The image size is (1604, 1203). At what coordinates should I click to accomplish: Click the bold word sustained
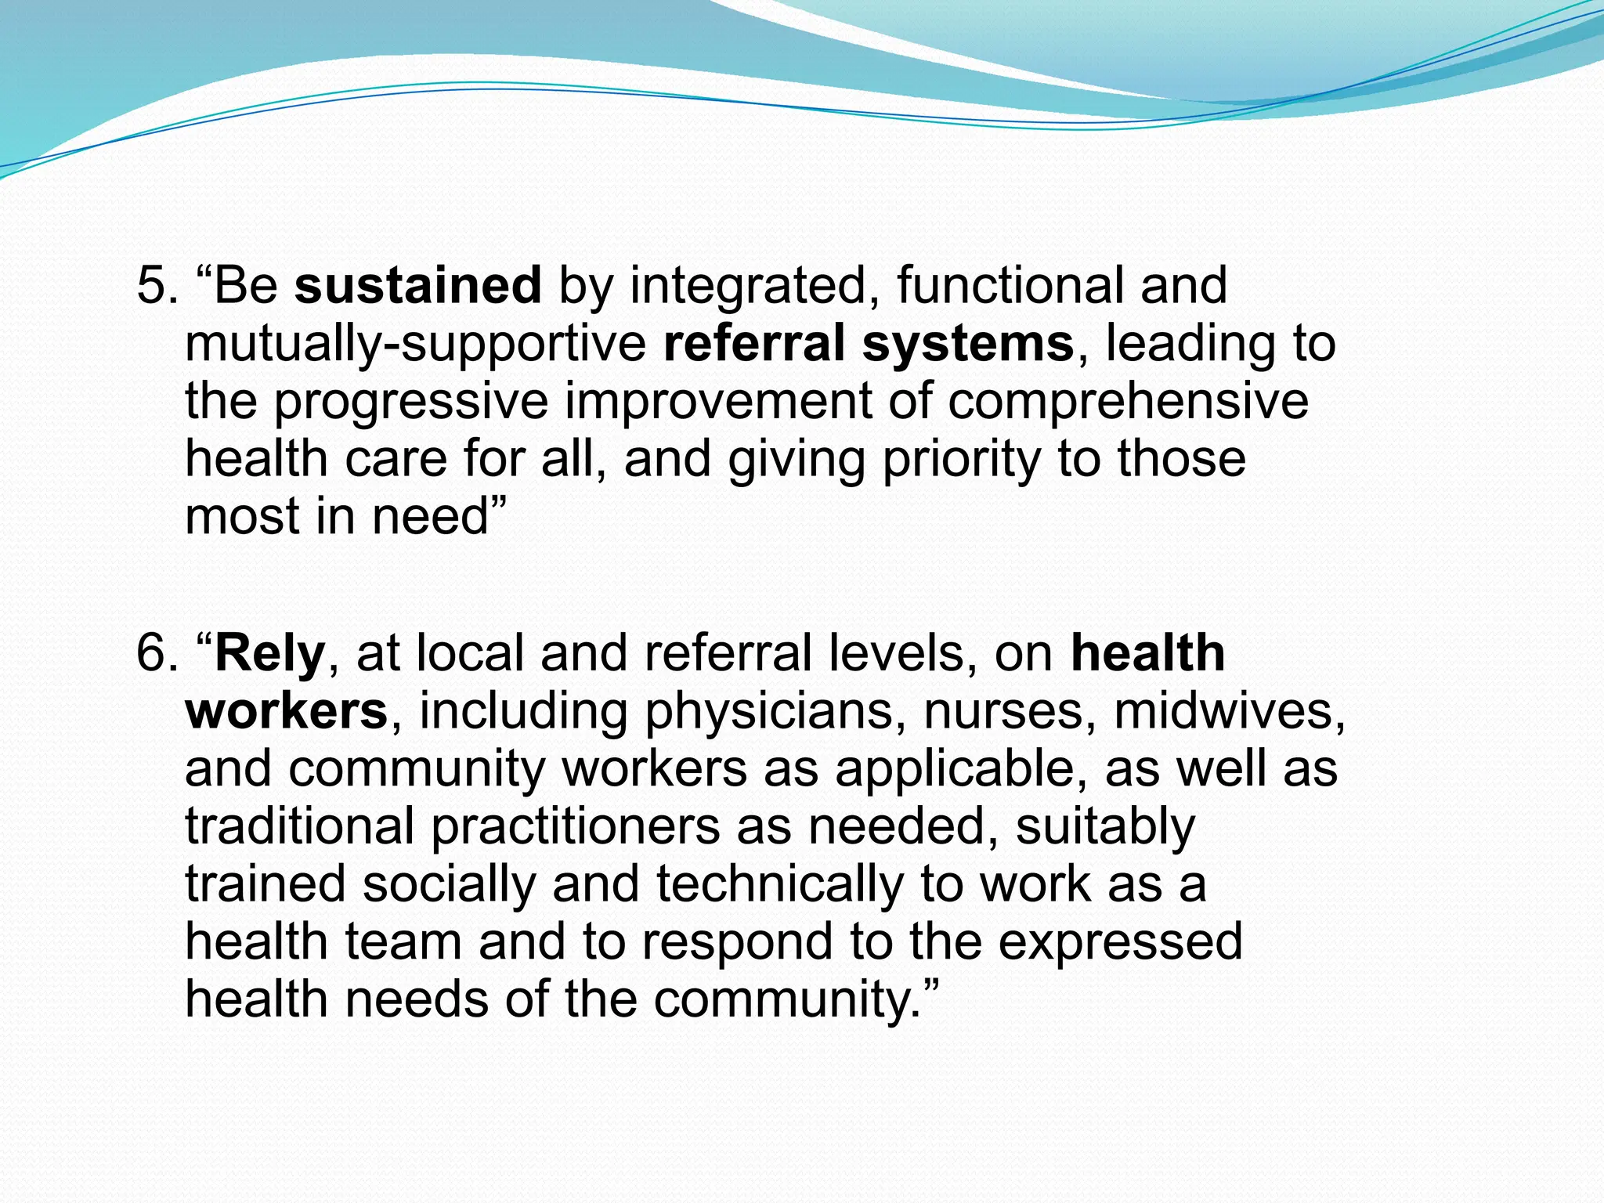click(x=417, y=286)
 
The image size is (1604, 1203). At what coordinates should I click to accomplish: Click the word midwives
click(x=1228, y=711)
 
